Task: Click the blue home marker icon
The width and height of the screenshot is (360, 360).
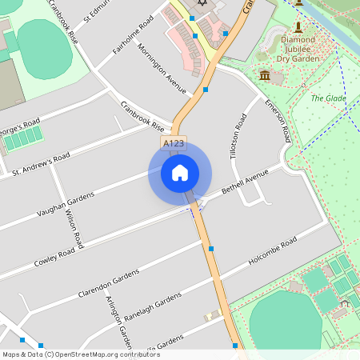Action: point(180,172)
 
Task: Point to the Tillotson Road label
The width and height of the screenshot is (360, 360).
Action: point(237,137)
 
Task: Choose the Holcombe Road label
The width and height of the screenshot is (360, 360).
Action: point(273,251)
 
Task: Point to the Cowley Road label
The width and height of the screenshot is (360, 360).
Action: point(54,257)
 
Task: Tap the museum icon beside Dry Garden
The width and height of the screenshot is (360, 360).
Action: point(265,74)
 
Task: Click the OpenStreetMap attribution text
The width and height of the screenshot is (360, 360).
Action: point(80,354)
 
